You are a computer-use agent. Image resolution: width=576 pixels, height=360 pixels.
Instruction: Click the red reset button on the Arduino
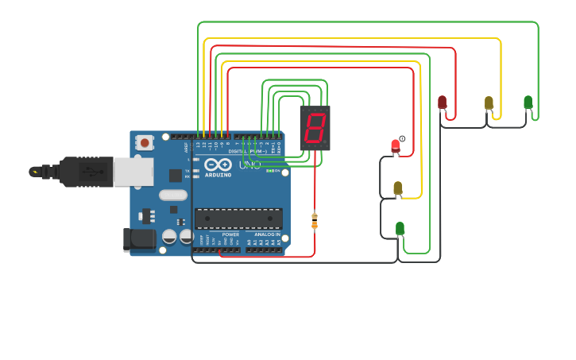click(x=145, y=143)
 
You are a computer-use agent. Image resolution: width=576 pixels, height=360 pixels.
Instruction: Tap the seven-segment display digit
click(x=315, y=127)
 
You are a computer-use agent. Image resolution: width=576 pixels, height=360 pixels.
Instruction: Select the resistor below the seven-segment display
click(x=315, y=221)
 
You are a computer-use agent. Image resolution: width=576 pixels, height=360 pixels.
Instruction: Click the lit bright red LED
click(x=395, y=146)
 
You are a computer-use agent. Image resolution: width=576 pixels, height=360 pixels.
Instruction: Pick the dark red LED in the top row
click(x=442, y=102)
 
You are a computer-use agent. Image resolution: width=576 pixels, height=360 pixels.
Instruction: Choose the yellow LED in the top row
click(x=489, y=103)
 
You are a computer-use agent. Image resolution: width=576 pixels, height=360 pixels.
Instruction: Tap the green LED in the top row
click(x=528, y=102)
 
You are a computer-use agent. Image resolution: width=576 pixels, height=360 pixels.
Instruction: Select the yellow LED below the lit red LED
click(x=398, y=188)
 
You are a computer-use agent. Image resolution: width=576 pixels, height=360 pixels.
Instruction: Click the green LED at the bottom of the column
click(x=400, y=229)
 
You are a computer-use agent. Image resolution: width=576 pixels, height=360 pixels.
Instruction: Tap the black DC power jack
click(x=139, y=239)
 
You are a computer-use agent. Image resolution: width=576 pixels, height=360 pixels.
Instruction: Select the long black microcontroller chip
click(x=238, y=219)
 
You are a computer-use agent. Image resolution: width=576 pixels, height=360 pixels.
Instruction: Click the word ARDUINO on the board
click(x=218, y=175)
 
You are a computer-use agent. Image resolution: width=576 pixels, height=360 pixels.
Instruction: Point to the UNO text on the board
click(x=249, y=165)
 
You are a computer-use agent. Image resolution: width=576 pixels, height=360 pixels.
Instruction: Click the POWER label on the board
click(x=230, y=235)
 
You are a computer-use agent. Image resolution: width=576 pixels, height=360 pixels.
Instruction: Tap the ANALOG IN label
click(x=266, y=235)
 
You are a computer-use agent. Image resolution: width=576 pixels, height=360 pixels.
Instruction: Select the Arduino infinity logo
click(x=218, y=165)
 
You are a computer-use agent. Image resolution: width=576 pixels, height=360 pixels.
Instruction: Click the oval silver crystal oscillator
click(x=173, y=195)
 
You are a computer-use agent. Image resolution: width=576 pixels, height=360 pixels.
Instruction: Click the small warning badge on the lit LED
click(x=402, y=139)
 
